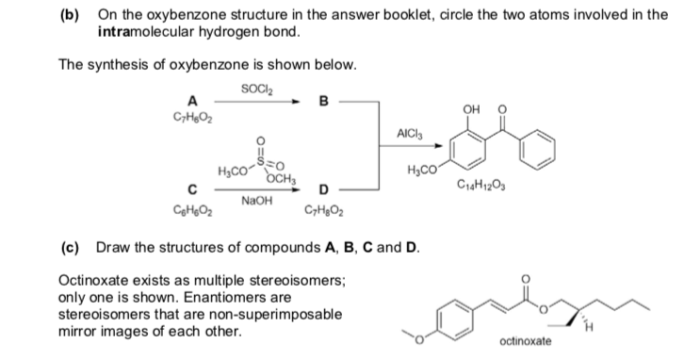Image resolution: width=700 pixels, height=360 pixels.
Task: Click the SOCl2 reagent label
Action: click(x=257, y=90)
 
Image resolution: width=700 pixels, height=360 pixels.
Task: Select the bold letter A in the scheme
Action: click(x=192, y=102)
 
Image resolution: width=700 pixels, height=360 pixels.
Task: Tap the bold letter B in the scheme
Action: click(x=324, y=102)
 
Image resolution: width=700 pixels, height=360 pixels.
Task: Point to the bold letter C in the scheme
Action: click(x=192, y=189)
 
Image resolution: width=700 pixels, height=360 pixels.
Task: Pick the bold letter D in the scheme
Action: click(x=324, y=189)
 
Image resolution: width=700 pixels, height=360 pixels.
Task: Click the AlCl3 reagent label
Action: click(x=410, y=133)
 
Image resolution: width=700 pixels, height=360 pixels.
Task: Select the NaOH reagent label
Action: click(x=256, y=201)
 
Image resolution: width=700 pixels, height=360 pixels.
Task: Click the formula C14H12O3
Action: click(x=481, y=184)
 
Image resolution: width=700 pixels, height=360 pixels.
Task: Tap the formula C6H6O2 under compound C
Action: click(x=193, y=210)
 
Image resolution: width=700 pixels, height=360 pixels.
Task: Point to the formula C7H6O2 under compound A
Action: click(x=193, y=118)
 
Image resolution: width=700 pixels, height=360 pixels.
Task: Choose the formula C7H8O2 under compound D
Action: click(x=324, y=210)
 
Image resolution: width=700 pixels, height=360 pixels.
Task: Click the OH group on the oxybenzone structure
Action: click(x=471, y=109)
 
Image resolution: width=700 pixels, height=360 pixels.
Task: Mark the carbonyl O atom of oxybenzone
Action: click(x=502, y=109)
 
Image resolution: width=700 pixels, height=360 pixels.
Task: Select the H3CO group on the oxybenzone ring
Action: click(x=421, y=170)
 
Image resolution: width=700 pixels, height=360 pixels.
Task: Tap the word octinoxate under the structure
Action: click(x=526, y=341)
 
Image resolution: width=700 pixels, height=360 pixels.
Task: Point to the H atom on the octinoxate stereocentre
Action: click(x=589, y=328)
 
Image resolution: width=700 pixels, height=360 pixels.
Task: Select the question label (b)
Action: click(x=69, y=16)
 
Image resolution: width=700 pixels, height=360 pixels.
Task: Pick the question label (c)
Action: click(x=70, y=247)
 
